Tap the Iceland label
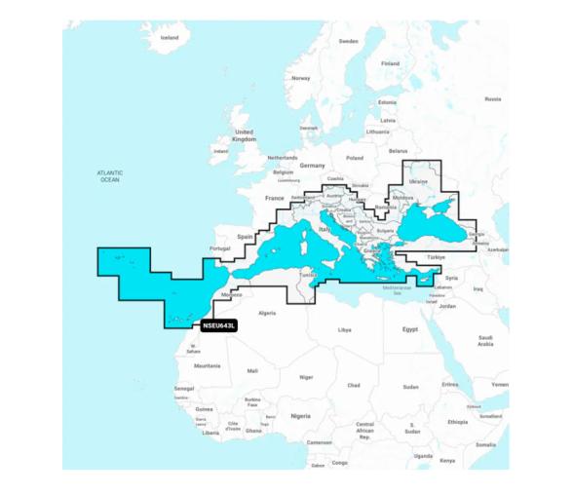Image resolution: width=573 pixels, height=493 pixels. pyautogui.click(x=170, y=37)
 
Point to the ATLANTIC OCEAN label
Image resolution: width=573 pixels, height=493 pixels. pyautogui.click(x=110, y=176)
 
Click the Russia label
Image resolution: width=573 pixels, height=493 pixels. pyautogui.click(x=492, y=98)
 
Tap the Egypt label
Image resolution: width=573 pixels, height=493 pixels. pyautogui.click(x=409, y=329)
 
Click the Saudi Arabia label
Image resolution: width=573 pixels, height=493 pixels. pyautogui.click(x=485, y=340)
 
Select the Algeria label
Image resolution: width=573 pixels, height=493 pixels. pyautogui.click(x=265, y=314)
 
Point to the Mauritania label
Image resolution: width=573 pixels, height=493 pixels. pyautogui.click(x=207, y=365)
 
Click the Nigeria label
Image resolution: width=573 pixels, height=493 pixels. pyautogui.click(x=300, y=415)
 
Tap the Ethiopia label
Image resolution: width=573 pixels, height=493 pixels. pyautogui.click(x=457, y=422)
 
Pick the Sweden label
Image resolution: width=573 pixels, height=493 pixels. pyautogui.click(x=348, y=41)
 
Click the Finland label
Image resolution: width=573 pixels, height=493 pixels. pyautogui.click(x=390, y=63)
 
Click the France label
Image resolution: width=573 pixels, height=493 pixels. pyautogui.click(x=276, y=198)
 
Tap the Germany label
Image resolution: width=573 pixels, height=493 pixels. pyautogui.click(x=312, y=166)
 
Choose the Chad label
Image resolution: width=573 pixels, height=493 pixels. pyautogui.click(x=353, y=385)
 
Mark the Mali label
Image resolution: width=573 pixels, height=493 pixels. pyautogui.click(x=252, y=371)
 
